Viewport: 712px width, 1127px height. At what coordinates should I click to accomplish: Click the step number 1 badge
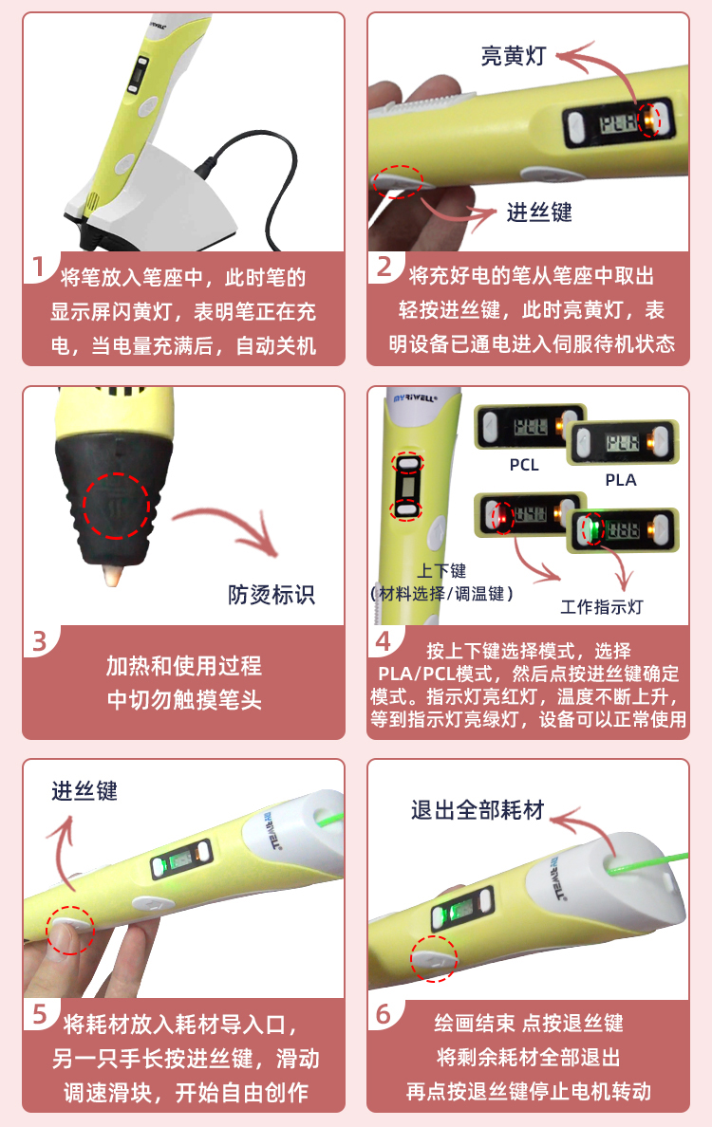[37, 267]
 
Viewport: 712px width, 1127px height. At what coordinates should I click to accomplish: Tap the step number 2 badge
[384, 267]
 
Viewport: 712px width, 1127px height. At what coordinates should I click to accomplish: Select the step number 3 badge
[40, 641]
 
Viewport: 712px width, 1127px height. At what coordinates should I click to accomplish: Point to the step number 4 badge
[384, 640]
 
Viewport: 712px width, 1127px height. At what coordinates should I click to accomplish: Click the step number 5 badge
[40, 1014]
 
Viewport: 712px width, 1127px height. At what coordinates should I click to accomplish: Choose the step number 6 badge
[384, 1014]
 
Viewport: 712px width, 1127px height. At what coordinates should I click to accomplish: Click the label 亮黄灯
[514, 55]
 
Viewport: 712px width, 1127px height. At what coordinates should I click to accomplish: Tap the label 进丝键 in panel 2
[539, 212]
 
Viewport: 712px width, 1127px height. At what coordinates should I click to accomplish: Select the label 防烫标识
[272, 595]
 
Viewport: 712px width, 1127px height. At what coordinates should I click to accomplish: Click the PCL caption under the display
[524, 465]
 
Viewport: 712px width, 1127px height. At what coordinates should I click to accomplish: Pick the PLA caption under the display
[621, 480]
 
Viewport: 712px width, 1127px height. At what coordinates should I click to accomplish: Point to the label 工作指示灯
[601, 607]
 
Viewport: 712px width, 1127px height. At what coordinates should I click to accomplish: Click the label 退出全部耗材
[478, 810]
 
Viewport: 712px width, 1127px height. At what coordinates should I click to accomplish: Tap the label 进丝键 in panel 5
[84, 791]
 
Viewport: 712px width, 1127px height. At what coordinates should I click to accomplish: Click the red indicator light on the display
[503, 516]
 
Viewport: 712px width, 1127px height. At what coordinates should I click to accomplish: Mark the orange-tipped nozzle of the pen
[114, 574]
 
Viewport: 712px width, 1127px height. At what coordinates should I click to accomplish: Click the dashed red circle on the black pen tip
[117, 506]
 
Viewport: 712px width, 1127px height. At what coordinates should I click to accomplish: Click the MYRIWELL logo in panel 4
[415, 397]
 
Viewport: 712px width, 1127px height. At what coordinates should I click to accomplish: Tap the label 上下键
[441, 571]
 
